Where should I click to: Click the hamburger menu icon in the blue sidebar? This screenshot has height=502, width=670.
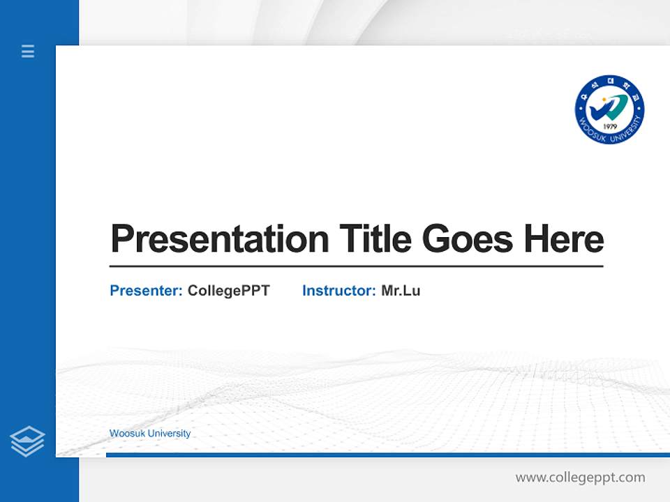click(28, 51)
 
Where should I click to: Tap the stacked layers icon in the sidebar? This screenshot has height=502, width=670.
click(27, 441)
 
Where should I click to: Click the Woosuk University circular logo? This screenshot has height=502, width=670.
click(609, 110)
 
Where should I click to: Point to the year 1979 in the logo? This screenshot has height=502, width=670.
click(609, 127)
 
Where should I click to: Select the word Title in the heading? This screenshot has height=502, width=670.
click(375, 239)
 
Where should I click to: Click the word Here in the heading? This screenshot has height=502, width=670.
click(564, 239)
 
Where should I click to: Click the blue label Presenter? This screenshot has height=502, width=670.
click(147, 291)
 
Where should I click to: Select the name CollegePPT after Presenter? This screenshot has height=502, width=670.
click(228, 291)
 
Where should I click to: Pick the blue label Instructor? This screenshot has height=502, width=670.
click(339, 291)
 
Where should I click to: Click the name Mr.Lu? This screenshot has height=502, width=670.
click(401, 291)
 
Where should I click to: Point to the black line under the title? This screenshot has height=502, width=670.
click(356, 266)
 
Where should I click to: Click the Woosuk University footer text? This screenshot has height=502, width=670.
click(150, 434)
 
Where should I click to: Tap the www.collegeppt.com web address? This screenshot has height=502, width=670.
click(580, 478)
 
